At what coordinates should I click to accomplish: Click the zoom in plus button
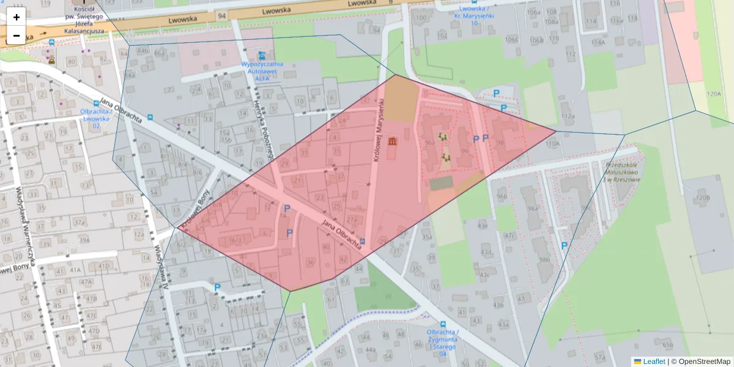17,17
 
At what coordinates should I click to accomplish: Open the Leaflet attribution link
653,361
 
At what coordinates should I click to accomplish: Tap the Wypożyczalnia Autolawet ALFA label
262,70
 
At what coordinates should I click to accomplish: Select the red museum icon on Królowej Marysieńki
391,142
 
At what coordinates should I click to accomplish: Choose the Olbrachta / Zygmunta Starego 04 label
443,339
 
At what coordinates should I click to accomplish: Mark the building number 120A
713,94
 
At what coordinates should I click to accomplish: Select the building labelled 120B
702,198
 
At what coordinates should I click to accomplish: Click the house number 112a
568,116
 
